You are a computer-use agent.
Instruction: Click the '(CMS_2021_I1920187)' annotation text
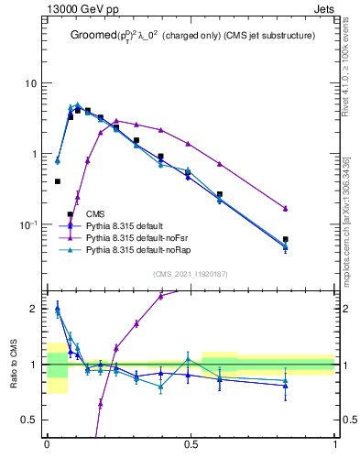tap(191, 273)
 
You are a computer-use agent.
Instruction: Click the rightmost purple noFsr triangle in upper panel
tap(286, 208)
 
